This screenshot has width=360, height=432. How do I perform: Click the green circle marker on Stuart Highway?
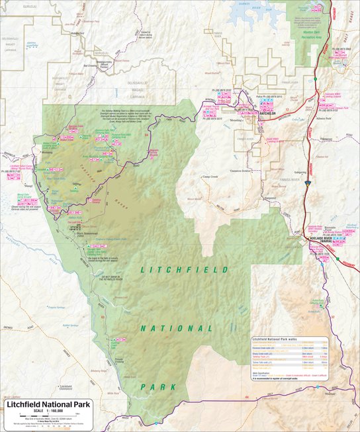click(316, 79)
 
